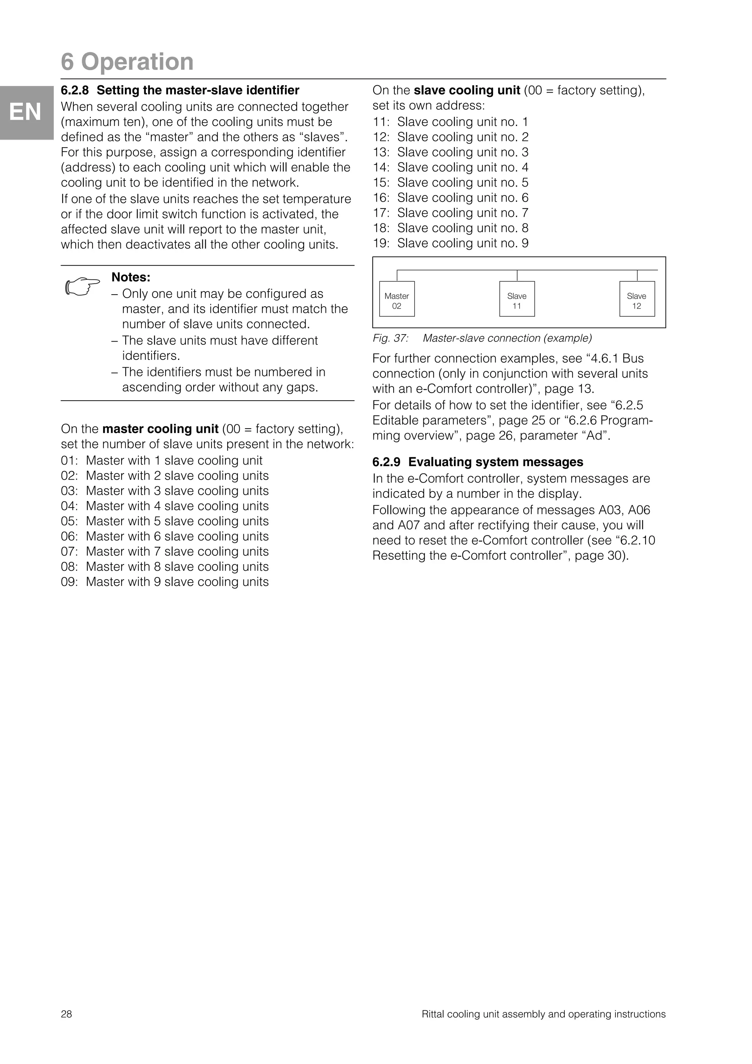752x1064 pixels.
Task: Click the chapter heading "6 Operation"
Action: pyautogui.click(x=127, y=62)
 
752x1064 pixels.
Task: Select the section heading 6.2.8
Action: pyautogui.click(x=180, y=90)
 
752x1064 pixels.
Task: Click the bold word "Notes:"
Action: pyautogui.click(x=131, y=277)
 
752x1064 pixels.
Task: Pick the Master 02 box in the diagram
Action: pyautogui.click(x=397, y=299)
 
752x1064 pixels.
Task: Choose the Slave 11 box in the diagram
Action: pyautogui.click(x=517, y=299)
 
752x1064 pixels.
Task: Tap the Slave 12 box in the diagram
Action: pyautogui.click(x=637, y=299)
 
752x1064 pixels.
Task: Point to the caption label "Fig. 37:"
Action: pyautogui.click(x=390, y=338)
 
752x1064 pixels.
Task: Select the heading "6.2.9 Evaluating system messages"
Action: pyautogui.click(x=478, y=462)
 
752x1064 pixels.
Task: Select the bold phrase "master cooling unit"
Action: pyautogui.click(x=160, y=429)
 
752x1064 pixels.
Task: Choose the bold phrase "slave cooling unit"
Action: pyautogui.click(x=467, y=90)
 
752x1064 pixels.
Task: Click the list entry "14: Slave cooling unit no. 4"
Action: pyautogui.click(x=451, y=167)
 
